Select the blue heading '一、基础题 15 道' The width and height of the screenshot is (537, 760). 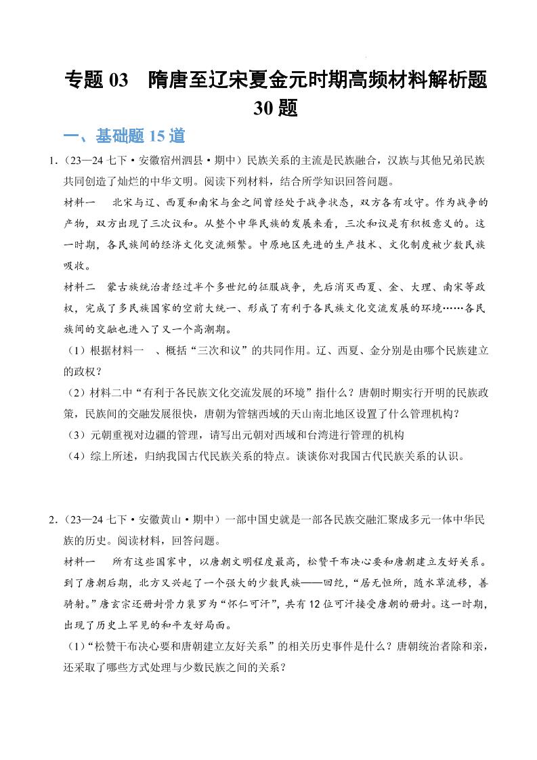tap(124, 136)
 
